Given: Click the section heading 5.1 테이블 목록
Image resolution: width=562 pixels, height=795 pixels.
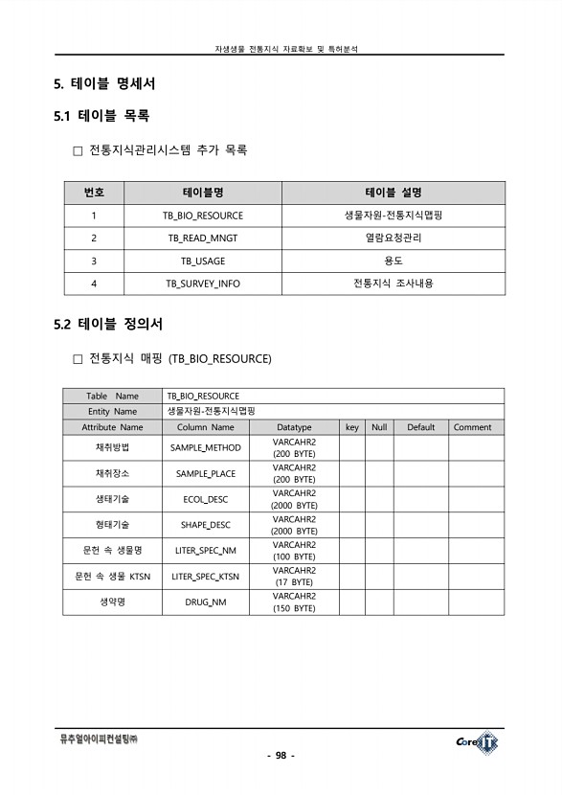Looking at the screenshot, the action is coord(101,116).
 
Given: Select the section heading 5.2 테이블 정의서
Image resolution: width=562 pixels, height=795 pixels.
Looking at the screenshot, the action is coord(108,324).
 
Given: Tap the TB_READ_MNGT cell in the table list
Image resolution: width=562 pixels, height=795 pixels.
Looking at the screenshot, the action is coord(202,238).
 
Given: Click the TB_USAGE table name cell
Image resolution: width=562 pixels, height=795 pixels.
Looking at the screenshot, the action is coord(202,261).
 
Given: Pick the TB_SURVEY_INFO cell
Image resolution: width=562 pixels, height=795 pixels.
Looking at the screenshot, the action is coord(202,284).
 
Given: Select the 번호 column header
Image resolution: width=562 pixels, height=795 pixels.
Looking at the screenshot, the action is coord(94,193).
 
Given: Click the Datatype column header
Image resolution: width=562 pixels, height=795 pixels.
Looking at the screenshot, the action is coord(294,427).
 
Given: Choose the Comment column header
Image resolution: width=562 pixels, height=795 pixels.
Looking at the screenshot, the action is coord(472,427).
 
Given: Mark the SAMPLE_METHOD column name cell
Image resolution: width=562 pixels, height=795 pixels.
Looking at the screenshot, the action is coord(205,447).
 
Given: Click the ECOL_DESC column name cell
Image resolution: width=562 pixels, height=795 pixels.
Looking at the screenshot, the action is coord(205,499).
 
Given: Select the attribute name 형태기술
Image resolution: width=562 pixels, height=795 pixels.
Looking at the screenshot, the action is coord(112,525).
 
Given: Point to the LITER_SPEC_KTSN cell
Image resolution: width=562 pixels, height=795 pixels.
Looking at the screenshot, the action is coord(205,577).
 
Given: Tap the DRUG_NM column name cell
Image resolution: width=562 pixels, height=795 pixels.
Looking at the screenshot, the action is coord(205,602).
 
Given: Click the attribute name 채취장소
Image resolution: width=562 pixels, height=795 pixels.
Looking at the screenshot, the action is coord(112,473).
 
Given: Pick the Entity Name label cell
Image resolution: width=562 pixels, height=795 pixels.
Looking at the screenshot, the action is coord(112,411).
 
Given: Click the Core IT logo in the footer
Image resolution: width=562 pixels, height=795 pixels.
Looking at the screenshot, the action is coord(477,741).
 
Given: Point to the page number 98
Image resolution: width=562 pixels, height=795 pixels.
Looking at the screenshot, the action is coord(281,756).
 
